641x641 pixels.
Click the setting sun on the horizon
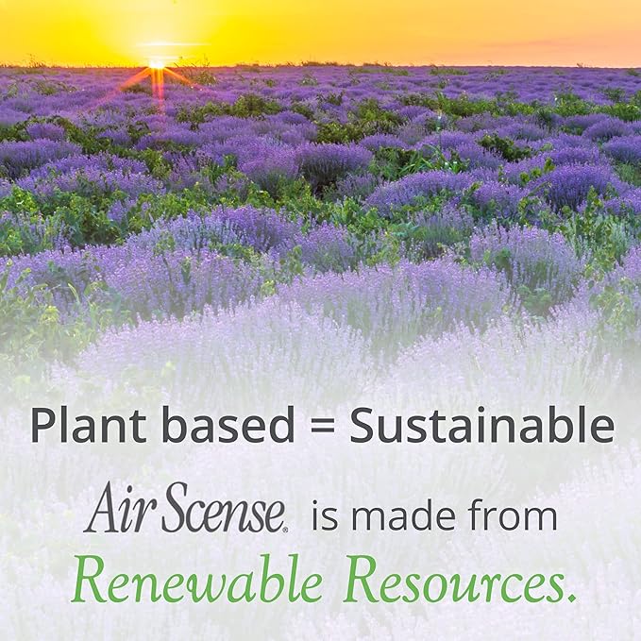157,62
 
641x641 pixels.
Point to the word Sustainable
481,427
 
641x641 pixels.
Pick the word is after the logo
325,516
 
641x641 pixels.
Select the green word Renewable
196,582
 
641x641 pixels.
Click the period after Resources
572,599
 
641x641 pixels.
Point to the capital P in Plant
43,427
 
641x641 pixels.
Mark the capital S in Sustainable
363,427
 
